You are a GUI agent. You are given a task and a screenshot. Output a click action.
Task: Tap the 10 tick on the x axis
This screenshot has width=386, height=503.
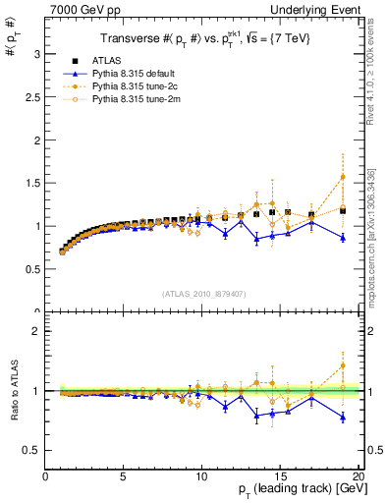pos(200,475)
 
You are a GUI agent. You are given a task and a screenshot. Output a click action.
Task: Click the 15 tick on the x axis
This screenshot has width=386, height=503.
pos(279,475)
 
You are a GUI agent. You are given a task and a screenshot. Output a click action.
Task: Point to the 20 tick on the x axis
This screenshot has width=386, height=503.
pos(358,475)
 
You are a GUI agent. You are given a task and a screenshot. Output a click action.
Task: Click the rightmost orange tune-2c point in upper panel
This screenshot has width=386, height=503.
pos(343,177)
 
